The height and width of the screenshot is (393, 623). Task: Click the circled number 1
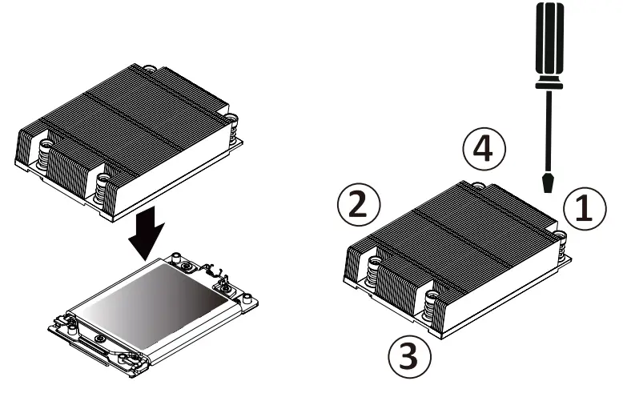tap(583, 208)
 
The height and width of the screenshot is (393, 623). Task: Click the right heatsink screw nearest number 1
tap(560, 238)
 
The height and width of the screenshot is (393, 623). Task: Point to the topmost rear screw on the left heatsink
tap(149, 70)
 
